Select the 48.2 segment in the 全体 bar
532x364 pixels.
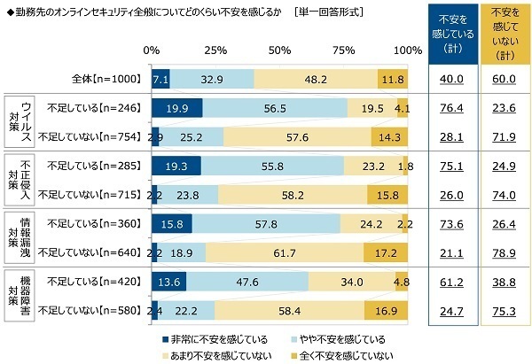pyautogui.click(x=315, y=79)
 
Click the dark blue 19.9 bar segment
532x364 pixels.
pyautogui.click(x=176, y=107)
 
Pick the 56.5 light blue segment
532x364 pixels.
pyautogui.click(x=275, y=107)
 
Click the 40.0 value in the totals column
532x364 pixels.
pyautogui.click(x=451, y=79)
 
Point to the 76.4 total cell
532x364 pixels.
pyautogui.click(x=451, y=107)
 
